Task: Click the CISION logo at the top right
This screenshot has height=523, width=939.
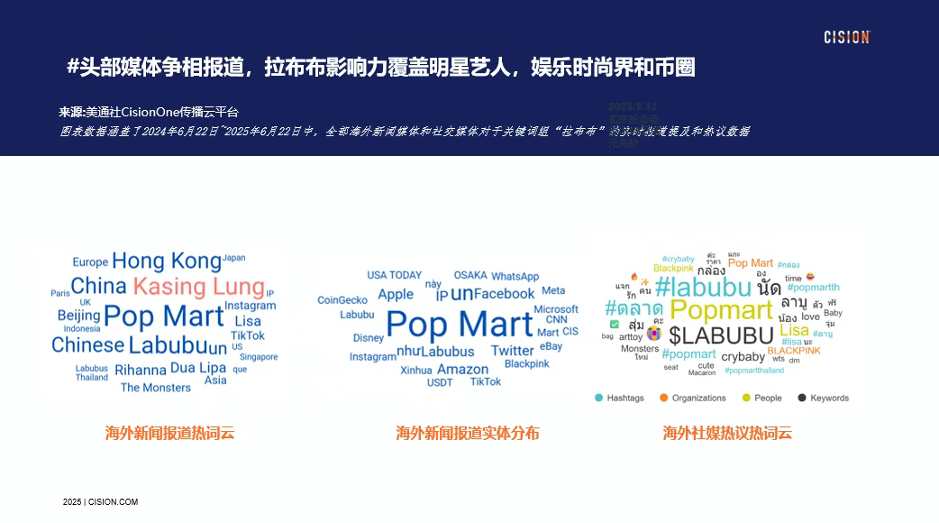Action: (846, 37)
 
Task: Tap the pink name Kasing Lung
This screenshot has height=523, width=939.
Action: (199, 287)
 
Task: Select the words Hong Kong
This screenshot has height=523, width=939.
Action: (167, 261)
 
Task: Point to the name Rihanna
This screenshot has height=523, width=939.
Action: (141, 370)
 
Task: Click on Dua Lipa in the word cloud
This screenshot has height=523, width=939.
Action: (198, 368)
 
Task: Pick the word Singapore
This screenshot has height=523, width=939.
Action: (259, 357)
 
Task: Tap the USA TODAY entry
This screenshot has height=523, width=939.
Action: (394, 275)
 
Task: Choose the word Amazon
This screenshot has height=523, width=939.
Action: (462, 369)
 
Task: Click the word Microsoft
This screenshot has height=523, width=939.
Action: (556, 309)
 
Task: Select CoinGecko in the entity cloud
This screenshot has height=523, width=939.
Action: (342, 300)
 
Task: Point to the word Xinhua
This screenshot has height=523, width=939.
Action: (416, 371)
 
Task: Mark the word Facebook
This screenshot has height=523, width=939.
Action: (505, 293)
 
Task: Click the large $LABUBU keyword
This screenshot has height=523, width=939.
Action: (722, 335)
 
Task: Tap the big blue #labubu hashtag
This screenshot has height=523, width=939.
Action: (703, 288)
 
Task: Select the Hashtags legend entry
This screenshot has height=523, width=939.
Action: (619, 398)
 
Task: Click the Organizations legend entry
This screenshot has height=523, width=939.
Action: (692, 398)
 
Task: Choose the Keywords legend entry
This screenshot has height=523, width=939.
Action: (823, 398)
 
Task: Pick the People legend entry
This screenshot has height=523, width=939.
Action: (761, 398)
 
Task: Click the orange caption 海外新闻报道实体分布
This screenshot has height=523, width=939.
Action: (468, 433)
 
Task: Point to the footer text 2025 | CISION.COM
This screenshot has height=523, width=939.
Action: (100, 501)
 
